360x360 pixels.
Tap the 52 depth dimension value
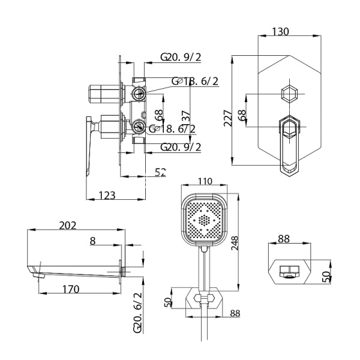[x=160, y=172]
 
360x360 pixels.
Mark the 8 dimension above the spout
[x=92, y=240]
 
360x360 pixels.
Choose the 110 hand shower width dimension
[x=205, y=181]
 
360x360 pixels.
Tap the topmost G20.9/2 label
[x=181, y=58]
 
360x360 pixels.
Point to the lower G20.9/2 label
[x=181, y=146]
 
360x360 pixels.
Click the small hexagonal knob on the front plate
[x=289, y=94]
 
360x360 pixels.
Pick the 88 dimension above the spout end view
[x=283, y=239]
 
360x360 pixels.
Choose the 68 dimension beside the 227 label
[x=242, y=115]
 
